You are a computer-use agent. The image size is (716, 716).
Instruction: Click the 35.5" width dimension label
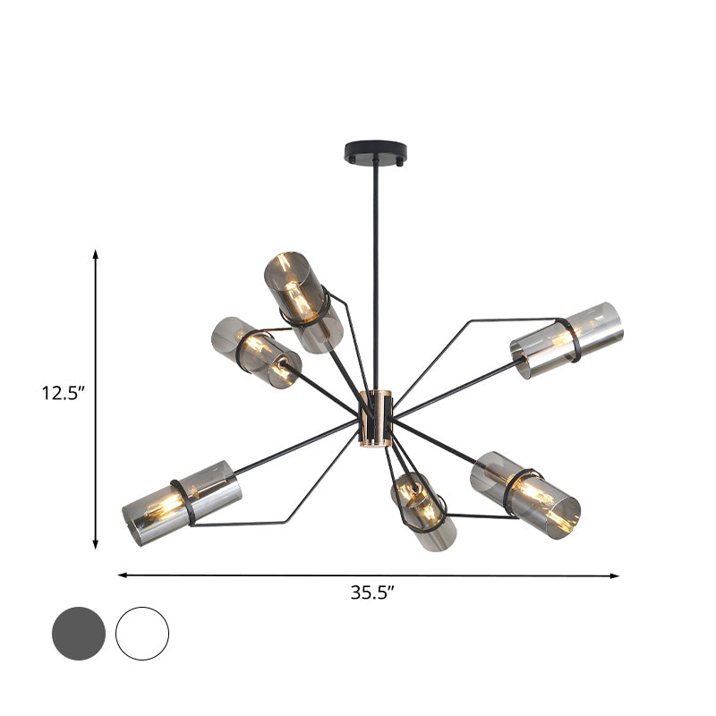pyautogui.click(x=370, y=592)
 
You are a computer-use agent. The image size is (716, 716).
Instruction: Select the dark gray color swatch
pyautogui.click(x=79, y=634)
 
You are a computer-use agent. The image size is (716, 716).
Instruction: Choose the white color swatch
pyautogui.click(x=142, y=634)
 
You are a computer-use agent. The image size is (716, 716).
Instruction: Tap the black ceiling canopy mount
pyautogui.click(x=375, y=151)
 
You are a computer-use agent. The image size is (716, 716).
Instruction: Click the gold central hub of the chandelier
pyautogui.click(x=376, y=418)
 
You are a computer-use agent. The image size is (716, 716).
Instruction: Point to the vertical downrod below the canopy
pyautogui.click(x=376, y=268)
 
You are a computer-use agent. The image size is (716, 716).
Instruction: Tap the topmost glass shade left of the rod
pyautogui.click(x=303, y=301)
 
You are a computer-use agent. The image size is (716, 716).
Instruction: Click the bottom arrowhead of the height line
pyautogui.click(x=96, y=545)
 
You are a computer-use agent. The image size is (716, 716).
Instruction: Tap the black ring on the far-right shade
pyautogui.click(x=567, y=340)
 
